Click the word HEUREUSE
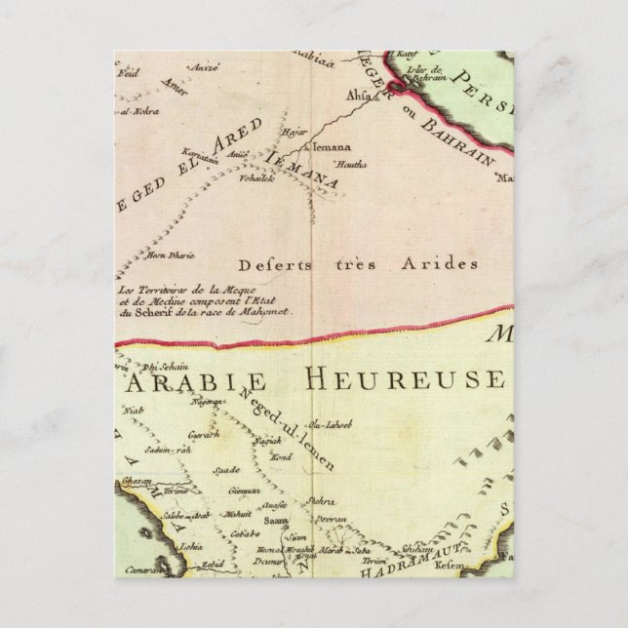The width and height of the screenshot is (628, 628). pyautogui.click(x=426, y=376)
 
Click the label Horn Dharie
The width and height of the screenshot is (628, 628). pyautogui.click(x=169, y=255)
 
